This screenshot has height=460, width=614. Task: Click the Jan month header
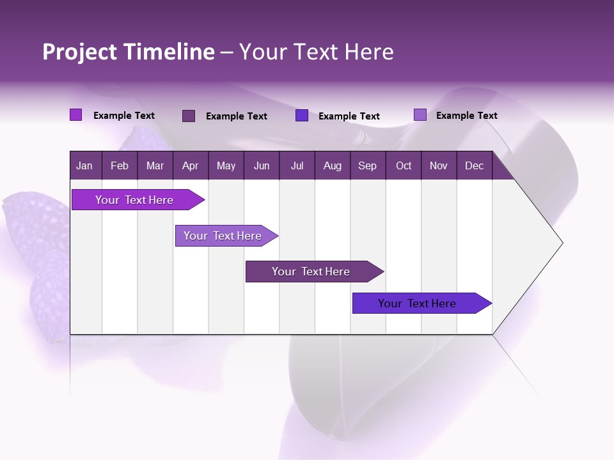point(84,165)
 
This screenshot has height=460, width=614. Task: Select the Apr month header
point(190,165)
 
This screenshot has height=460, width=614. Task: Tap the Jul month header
point(297,165)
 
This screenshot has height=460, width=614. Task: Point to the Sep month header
point(367,165)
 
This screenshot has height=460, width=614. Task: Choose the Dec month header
point(474,165)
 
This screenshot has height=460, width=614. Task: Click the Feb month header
point(120,165)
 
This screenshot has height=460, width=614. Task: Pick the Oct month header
point(404,165)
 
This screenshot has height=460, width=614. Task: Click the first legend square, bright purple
point(75,115)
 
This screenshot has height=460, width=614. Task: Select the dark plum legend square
point(188,116)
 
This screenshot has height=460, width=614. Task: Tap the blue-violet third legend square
point(302,115)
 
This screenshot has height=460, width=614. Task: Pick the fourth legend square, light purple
point(420,115)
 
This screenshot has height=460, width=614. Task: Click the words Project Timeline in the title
point(129,52)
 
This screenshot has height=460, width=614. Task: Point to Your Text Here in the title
point(317,52)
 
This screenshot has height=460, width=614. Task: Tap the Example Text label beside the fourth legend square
point(466,116)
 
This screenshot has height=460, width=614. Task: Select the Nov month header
point(439,165)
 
